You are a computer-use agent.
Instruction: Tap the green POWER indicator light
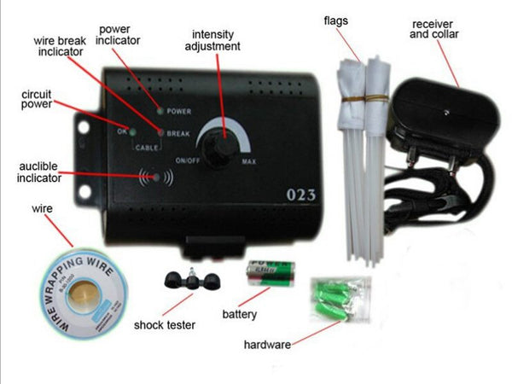(x=160, y=111)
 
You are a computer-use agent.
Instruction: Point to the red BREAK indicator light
(x=160, y=132)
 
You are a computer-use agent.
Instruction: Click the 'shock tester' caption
(x=165, y=323)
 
